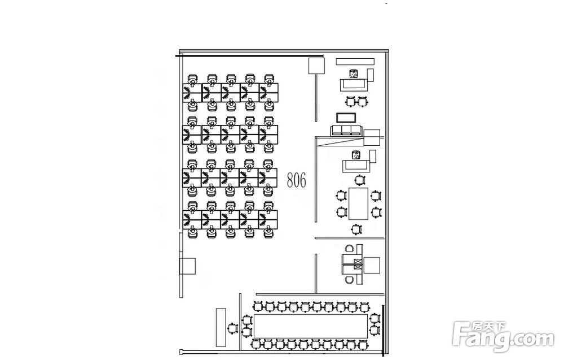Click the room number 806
click(x=297, y=180)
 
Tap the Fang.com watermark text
click(x=503, y=339)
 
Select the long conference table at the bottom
click(x=311, y=326)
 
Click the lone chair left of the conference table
click(x=233, y=328)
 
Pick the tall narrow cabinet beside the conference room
click(x=221, y=327)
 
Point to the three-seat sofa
click(x=346, y=131)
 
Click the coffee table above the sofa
click(x=346, y=118)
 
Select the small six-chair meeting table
click(x=358, y=203)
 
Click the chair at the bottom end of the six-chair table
click(x=356, y=229)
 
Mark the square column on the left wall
click(x=187, y=266)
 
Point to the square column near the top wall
click(x=316, y=66)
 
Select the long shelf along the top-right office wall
click(x=355, y=62)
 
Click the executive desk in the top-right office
click(x=354, y=85)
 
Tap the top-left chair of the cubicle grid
click(x=193, y=79)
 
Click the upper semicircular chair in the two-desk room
click(x=349, y=248)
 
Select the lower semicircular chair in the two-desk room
click(x=349, y=280)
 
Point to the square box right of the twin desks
click(x=372, y=266)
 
